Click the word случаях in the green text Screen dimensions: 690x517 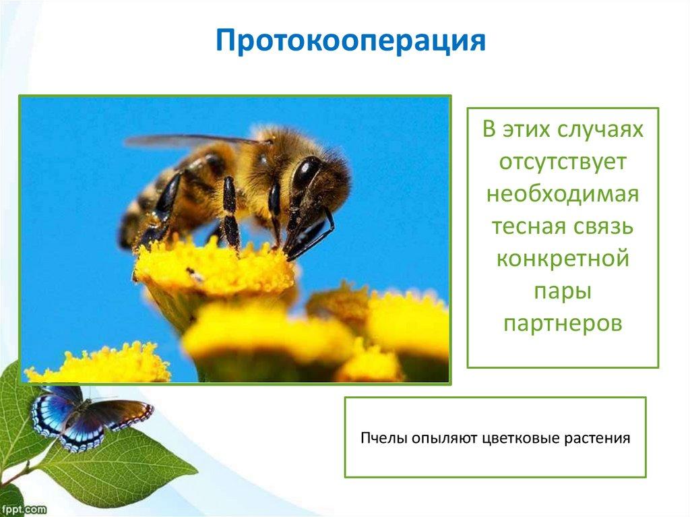tap(600, 129)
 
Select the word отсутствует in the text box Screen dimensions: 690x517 tap(563, 162)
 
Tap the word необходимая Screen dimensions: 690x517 tap(563, 193)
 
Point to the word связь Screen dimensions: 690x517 tap(604, 226)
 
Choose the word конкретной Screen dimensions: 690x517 tap(563, 259)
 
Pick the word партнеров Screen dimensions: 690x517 tap(563, 324)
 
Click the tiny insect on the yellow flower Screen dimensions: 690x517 tap(193, 274)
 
